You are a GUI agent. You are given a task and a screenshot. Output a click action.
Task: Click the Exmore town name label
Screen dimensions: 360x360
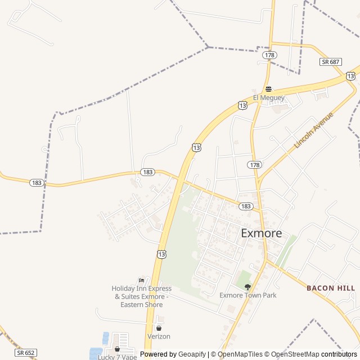[x=262, y=233]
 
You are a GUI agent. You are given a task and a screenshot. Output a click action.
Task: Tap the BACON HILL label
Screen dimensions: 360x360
[x=331, y=288]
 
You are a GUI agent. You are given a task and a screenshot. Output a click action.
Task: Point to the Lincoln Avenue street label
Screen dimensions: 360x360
[x=313, y=130]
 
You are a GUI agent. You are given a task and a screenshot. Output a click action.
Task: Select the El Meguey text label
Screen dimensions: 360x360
[x=269, y=98]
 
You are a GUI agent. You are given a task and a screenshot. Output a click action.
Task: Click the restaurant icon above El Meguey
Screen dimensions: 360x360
[x=269, y=89]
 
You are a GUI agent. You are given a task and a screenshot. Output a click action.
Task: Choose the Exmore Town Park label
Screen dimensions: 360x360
[x=248, y=295]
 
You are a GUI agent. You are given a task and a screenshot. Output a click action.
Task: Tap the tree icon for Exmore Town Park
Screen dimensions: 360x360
[x=247, y=287]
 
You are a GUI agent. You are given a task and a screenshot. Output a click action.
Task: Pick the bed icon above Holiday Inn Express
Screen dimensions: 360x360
[x=141, y=280]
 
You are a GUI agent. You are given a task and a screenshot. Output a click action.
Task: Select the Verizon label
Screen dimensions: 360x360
[x=159, y=336]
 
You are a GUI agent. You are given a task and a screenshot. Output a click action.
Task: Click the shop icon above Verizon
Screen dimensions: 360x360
[x=159, y=328]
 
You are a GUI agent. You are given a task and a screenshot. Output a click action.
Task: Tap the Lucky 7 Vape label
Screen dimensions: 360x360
[x=118, y=357]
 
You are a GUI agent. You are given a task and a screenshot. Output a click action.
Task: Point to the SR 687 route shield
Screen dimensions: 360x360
[x=331, y=61]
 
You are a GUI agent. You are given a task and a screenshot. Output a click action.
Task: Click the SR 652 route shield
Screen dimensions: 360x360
[x=26, y=353]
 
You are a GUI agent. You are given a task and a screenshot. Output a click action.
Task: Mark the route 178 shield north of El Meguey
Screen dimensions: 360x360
[x=269, y=55]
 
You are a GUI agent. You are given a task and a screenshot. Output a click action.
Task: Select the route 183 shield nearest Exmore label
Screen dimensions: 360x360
[x=245, y=206]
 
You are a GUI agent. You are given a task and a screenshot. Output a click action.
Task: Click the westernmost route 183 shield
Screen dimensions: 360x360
[x=37, y=183]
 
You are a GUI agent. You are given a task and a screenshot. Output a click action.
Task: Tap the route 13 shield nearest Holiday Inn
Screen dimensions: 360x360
[x=162, y=254]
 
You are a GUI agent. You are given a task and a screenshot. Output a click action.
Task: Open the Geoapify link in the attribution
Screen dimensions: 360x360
[x=192, y=354]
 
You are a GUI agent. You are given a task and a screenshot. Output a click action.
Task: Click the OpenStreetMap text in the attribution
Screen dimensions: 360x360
[x=295, y=354]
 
